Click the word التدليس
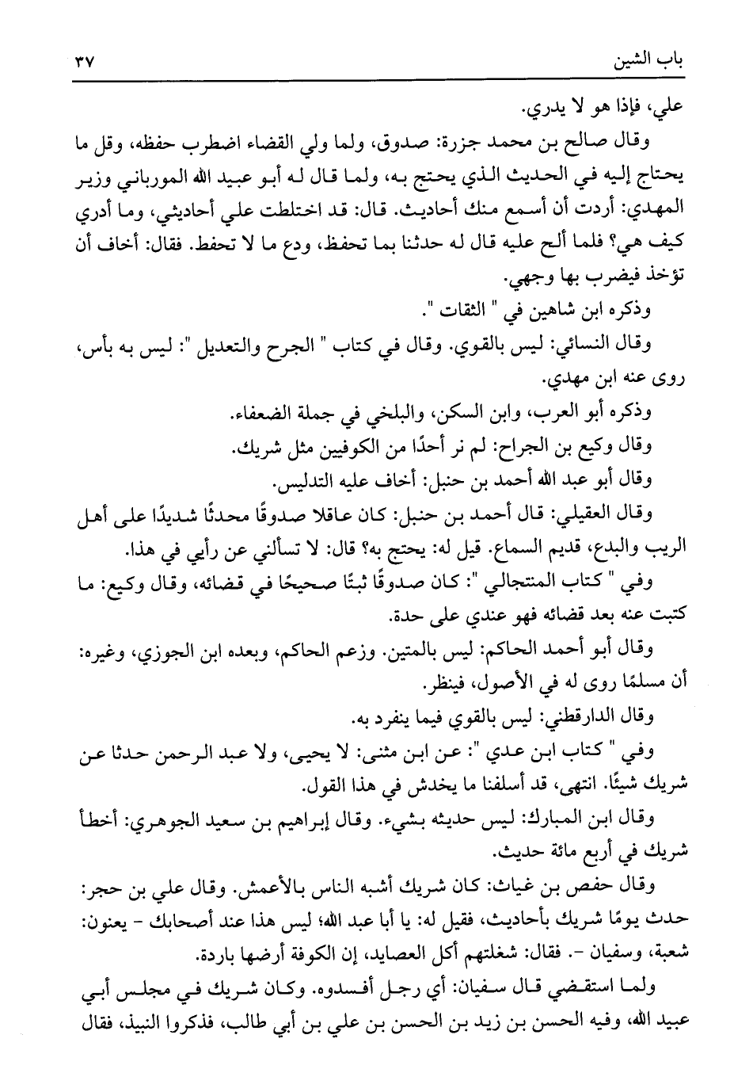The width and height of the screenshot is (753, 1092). click(x=305, y=481)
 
